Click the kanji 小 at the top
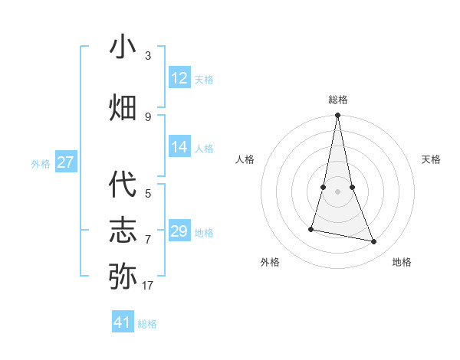tap(123, 47)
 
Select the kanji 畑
tap(123, 107)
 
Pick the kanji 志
tap(123, 230)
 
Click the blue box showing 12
tap(179, 78)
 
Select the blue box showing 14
tap(179, 147)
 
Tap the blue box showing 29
tap(179, 231)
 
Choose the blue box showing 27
tap(66, 162)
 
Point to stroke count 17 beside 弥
tap(147, 286)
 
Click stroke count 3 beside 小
tap(148, 56)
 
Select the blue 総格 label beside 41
tap(147, 324)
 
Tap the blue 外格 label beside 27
tap(41, 163)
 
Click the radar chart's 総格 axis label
tap(338, 100)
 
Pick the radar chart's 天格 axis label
tap(431, 159)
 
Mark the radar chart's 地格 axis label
tap(402, 262)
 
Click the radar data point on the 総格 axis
tap(338, 116)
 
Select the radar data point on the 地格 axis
tap(374, 242)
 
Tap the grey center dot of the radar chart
tap(338, 191)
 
